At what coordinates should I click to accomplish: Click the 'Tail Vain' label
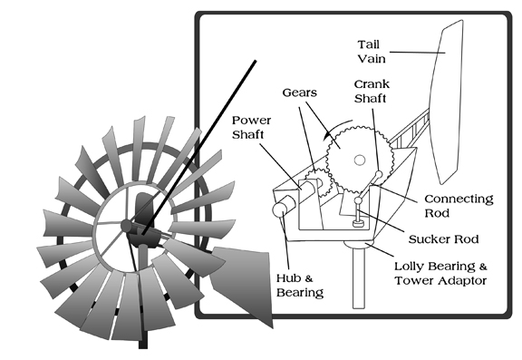click(x=372, y=52)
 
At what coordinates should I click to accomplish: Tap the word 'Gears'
click(x=300, y=92)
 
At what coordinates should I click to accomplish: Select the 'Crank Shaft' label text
click(x=372, y=92)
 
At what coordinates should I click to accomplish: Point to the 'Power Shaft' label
click(x=251, y=127)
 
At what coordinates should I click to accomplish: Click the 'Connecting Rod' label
click(x=459, y=206)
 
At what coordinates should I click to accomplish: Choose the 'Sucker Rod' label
click(x=443, y=239)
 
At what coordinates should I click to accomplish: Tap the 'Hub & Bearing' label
click(x=300, y=286)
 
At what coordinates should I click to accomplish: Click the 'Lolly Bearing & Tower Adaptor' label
click(x=440, y=274)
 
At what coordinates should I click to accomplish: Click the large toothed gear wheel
click(x=360, y=160)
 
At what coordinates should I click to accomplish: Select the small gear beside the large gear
click(x=318, y=182)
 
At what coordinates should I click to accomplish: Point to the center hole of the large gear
click(x=360, y=161)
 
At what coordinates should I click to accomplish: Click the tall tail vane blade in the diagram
click(x=446, y=102)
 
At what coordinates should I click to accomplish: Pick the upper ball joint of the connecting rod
click(x=379, y=174)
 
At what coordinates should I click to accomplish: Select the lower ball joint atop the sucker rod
click(x=358, y=200)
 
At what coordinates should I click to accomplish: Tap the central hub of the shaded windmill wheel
click(x=127, y=226)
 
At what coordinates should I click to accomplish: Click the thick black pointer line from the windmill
click(x=199, y=147)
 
